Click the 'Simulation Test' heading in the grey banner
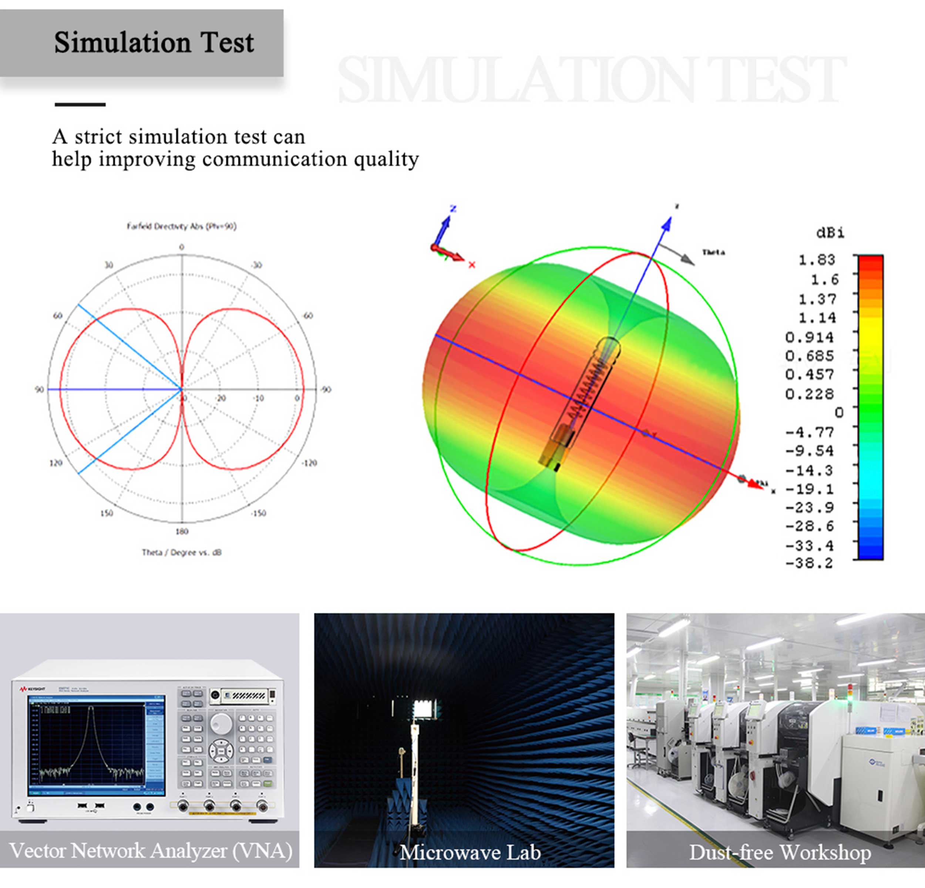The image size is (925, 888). pos(154,43)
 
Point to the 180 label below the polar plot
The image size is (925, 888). pos(182,531)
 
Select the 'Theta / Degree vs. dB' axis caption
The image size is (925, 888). pos(182,552)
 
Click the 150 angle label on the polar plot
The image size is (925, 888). pos(107,513)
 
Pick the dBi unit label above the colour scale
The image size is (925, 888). pos(830,233)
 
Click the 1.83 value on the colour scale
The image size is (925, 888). pos(817,260)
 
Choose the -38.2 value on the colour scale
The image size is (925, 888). pos(809,563)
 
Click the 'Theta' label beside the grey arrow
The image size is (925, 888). pos(713,253)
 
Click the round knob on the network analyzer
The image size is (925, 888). pos(221,722)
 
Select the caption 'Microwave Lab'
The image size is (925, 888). pos(470,852)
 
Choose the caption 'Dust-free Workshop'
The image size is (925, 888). pos(780,852)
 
